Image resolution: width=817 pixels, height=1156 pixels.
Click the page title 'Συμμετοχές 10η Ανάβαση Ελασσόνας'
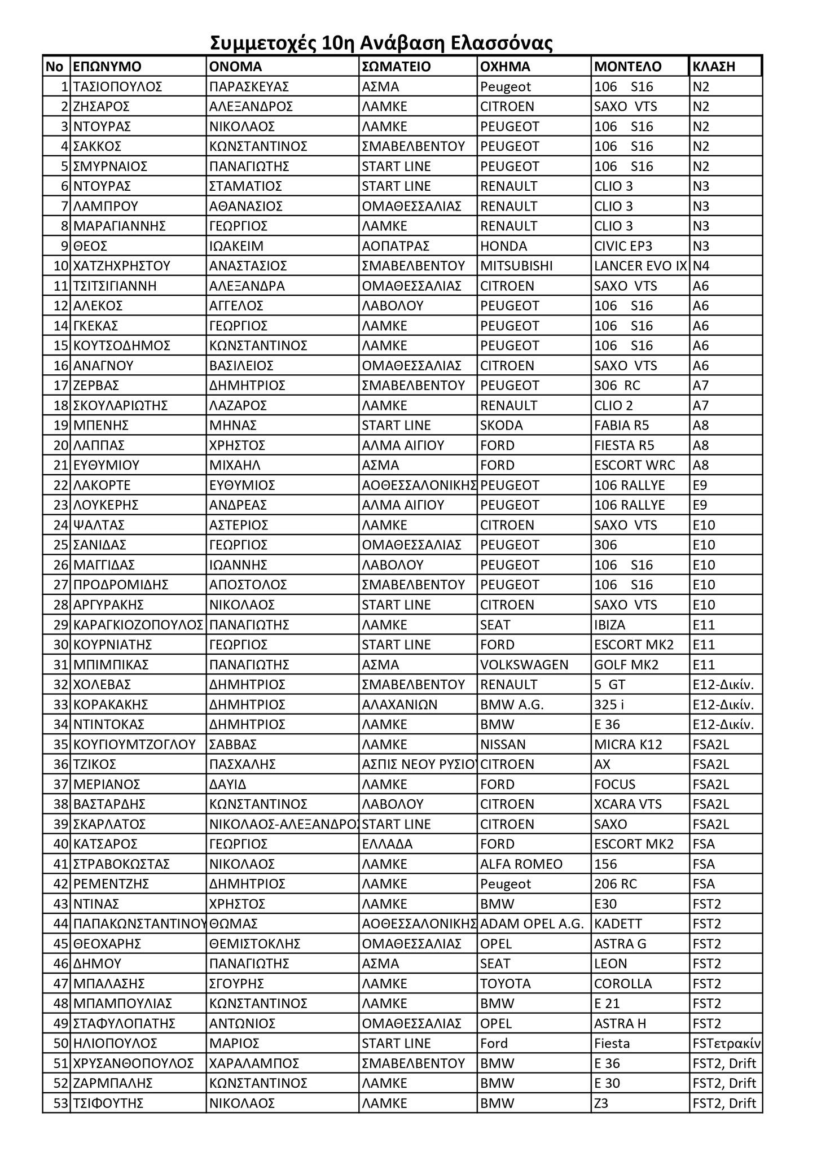[x=381, y=43]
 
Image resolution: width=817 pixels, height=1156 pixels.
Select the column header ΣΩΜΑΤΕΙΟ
[x=396, y=67]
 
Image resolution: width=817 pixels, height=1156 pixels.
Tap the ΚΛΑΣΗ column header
[x=714, y=67]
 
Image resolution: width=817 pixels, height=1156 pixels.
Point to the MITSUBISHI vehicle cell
[x=516, y=266]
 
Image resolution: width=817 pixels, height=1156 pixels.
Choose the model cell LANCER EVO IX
[x=640, y=266]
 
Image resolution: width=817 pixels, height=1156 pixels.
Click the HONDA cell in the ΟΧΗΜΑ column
[x=503, y=246]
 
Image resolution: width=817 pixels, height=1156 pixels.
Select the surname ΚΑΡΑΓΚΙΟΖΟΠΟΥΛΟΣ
[x=138, y=625]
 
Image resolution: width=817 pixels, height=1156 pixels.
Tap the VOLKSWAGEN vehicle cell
[x=524, y=665]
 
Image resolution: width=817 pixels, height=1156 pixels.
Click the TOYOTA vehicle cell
[x=506, y=984]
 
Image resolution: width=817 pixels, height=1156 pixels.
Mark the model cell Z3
[x=601, y=1104]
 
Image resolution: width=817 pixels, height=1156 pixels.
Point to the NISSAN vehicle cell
[x=503, y=745]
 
